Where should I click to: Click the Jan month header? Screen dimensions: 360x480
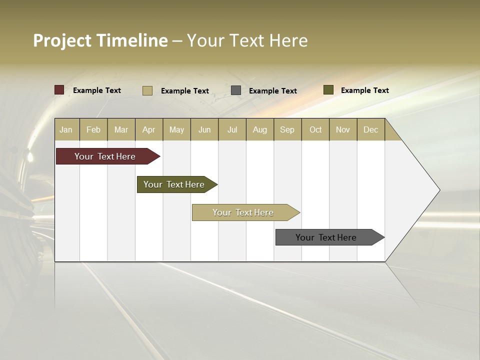[66, 129]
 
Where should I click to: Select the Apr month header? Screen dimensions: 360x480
[148, 129]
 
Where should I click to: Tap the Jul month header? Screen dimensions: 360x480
[232, 129]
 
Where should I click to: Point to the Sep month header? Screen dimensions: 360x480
[287, 129]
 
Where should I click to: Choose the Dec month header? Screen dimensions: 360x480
[370, 129]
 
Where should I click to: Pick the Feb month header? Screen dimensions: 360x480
[93, 129]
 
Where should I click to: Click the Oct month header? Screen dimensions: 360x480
[315, 129]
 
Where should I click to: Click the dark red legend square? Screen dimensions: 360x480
[59, 90]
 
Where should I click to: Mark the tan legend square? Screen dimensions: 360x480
[147, 90]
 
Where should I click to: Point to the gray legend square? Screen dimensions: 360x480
[236, 90]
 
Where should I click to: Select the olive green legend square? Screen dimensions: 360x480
[328, 90]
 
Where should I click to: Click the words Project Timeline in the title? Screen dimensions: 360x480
[100, 40]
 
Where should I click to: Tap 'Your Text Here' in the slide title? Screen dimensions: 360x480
[247, 40]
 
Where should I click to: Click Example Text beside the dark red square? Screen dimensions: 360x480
[97, 90]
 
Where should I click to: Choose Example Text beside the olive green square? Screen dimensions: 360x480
[365, 90]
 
